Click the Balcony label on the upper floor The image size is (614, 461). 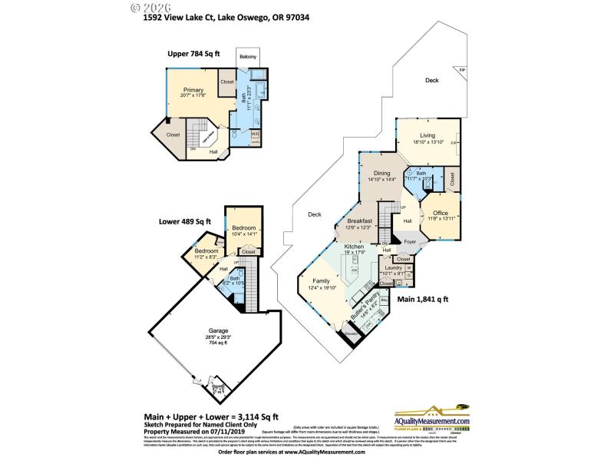pyautogui.click(x=248, y=58)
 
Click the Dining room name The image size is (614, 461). pyautogui.click(x=381, y=173)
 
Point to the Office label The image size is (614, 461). pyautogui.click(x=440, y=213)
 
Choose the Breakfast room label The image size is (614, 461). pyautogui.click(x=359, y=221)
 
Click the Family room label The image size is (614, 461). pyautogui.click(x=321, y=281)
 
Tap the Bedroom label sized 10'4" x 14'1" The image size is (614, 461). pyautogui.click(x=244, y=228)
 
